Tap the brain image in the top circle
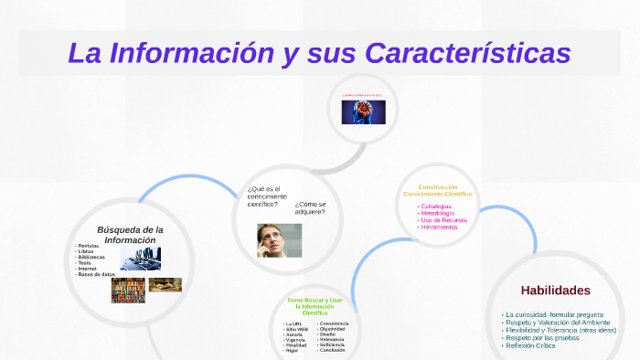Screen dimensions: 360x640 click(363, 112)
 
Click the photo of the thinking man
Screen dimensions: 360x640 click(279, 239)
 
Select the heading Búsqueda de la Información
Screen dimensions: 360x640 click(130, 234)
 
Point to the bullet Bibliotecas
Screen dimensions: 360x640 click(91, 257)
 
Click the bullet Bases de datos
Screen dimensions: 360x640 click(96, 274)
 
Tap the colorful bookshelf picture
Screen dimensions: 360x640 click(128, 290)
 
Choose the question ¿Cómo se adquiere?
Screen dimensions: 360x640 click(310, 207)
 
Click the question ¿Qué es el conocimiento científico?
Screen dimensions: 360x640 click(266, 196)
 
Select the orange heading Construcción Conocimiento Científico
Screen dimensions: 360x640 click(437, 190)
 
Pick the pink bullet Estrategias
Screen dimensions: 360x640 click(436, 206)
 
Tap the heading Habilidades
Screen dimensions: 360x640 click(556, 290)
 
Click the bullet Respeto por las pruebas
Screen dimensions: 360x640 click(542, 337)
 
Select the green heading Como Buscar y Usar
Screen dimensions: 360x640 click(315, 300)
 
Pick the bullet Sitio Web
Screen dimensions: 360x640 click(295, 330)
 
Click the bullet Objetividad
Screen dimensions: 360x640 click(333, 329)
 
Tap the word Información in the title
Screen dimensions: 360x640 click(192, 52)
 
